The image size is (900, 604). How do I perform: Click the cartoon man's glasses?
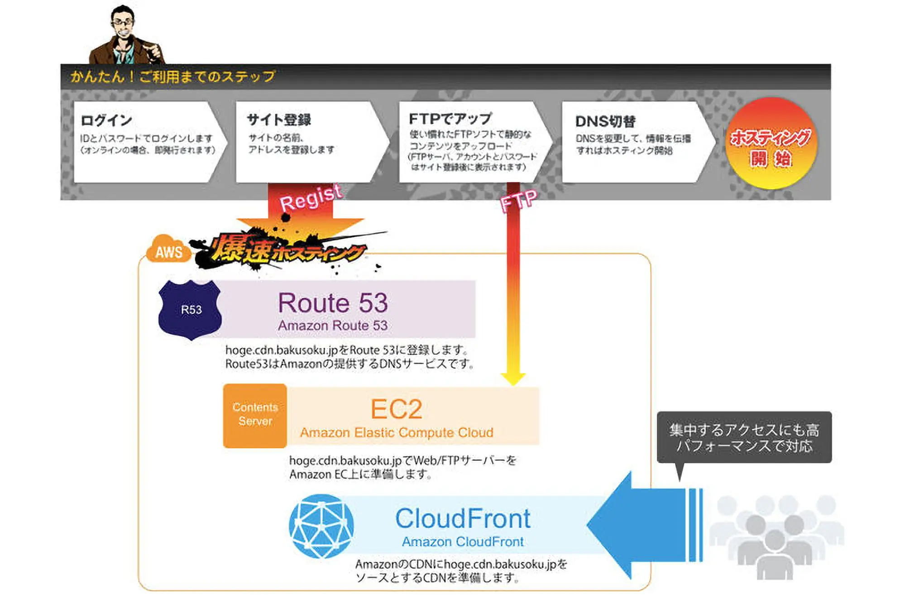(122, 21)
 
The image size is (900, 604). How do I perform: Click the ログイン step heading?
(106, 120)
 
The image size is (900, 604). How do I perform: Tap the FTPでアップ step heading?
(450, 119)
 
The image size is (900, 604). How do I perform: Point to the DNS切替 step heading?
(605, 121)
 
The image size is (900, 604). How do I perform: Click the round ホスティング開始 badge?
(771, 144)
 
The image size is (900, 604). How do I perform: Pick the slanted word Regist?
(311, 198)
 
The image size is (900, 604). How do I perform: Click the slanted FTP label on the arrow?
(519, 200)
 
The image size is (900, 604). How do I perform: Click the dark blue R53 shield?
(191, 310)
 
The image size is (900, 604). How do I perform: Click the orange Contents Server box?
(255, 415)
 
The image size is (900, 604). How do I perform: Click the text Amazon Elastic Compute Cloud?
(397, 432)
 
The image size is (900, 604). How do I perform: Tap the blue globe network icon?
(321, 526)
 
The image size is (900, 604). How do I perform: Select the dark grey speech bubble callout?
(744, 437)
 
